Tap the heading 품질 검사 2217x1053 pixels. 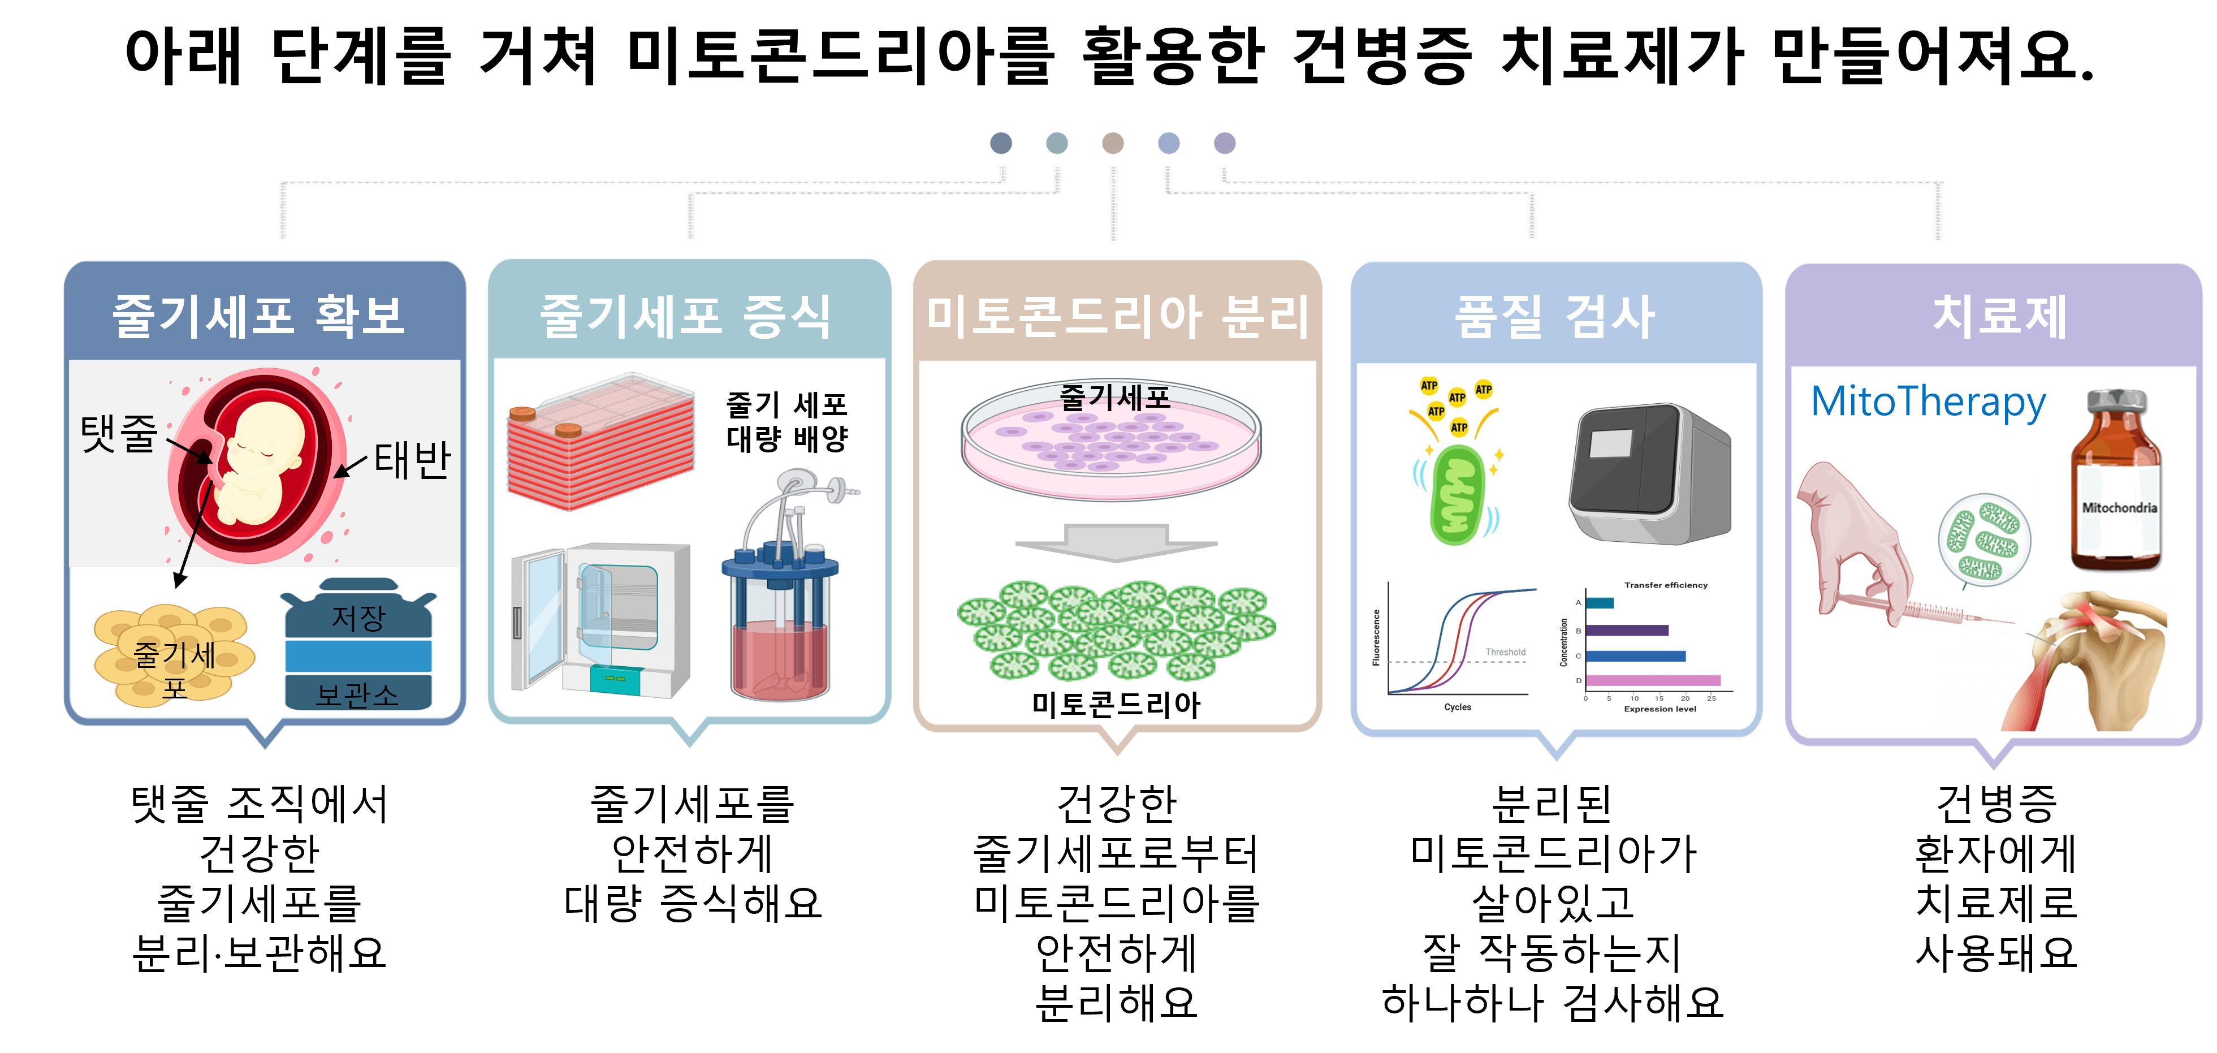tap(1554, 317)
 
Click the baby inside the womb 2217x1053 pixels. tap(258, 465)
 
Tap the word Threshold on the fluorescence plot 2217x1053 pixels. tap(1505, 652)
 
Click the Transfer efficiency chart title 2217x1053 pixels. tap(1665, 585)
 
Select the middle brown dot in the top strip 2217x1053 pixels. tap(1113, 143)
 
